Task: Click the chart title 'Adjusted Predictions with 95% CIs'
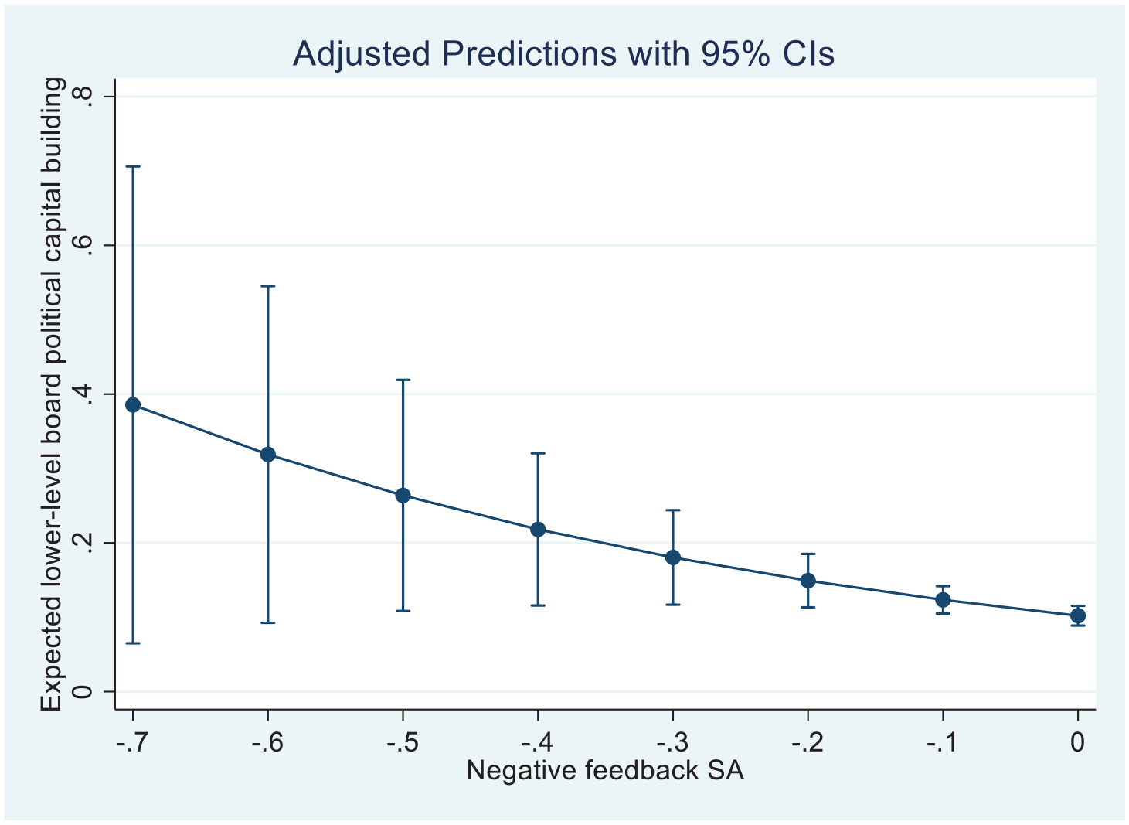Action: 563,53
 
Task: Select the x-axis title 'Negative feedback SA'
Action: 605,770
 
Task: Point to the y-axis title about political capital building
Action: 53,395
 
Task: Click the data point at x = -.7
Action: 133,405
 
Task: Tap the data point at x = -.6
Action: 267,455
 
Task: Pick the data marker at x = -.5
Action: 403,496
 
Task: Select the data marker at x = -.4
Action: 538,530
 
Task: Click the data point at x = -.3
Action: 673,557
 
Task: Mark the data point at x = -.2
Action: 808,581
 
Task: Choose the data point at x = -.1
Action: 943,600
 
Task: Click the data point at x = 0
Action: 1078,615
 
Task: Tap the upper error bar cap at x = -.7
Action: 133,166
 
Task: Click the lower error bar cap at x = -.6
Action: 267,622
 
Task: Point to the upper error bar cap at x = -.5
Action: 403,379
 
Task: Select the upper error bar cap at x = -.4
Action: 538,453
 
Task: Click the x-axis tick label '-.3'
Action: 672,742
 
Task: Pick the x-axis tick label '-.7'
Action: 133,742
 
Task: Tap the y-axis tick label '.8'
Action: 83,97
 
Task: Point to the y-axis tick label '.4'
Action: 83,394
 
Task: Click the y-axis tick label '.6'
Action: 83,245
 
